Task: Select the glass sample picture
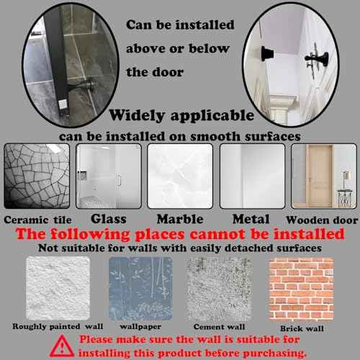(x=108, y=176)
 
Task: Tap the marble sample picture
(x=180, y=176)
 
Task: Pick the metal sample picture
(x=251, y=176)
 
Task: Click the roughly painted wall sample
(x=58, y=288)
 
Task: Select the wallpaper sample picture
(x=140, y=288)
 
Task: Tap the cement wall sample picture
(x=219, y=288)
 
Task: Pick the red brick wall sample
(x=300, y=288)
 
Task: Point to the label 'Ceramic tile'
(x=37, y=220)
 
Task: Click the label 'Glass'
(x=109, y=218)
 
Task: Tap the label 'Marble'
(x=180, y=218)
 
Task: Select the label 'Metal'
(x=251, y=218)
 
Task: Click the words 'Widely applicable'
(x=181, y=115)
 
